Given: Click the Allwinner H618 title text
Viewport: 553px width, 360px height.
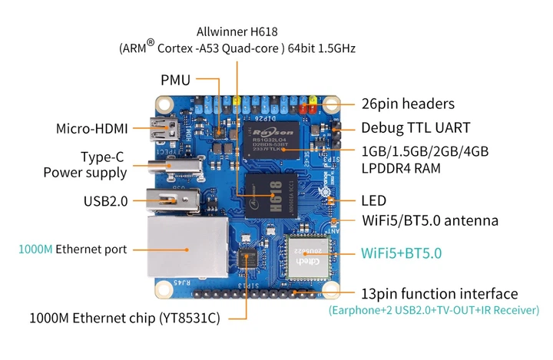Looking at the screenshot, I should coord(237,31).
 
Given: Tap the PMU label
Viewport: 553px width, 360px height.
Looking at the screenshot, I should coord(175,80).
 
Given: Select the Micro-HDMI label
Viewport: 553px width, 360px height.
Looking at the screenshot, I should coord(91,128).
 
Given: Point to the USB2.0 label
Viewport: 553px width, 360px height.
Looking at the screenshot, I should coord(106,201).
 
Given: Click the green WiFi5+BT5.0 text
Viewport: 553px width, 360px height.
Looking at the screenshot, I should coord(402,252).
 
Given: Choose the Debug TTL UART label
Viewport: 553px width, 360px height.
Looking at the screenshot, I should coord(416,127).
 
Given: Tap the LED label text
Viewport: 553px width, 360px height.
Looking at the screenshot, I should coord(373,200).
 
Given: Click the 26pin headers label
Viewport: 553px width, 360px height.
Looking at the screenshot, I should coord(408,104).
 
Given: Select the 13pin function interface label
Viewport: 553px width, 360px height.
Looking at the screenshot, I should coord(439,294).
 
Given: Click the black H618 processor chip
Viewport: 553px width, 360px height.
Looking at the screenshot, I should coord(270,192).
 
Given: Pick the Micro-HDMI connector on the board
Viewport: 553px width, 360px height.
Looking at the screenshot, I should coord(164,130).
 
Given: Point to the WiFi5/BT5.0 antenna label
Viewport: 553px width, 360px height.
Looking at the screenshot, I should coord(430,221).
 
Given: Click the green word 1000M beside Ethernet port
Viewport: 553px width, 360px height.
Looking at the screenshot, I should coord(35,249).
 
